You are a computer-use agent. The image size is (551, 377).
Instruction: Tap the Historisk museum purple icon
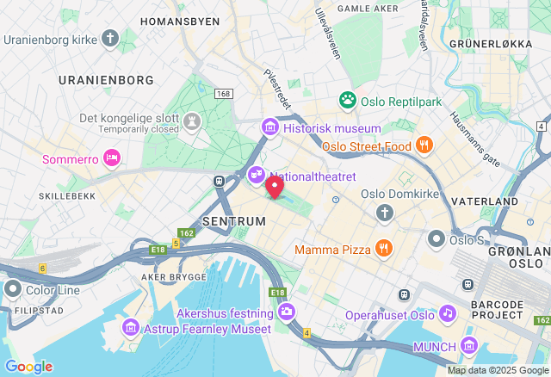pos(270,128)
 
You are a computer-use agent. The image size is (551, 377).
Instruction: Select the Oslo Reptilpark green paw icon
pos(348,102)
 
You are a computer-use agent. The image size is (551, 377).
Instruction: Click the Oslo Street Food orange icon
pos(423,145)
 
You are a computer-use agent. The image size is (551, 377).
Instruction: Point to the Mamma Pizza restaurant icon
pos(384,250)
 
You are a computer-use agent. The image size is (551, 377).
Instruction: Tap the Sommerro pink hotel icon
pos(111,158)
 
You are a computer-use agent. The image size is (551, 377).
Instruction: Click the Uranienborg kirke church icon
pos(109,39)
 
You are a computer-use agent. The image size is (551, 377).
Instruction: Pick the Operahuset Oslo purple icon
pos(447,314)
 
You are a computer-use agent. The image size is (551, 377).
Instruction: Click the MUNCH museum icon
pos(469,346)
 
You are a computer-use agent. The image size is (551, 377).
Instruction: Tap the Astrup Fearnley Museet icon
pos(131,327)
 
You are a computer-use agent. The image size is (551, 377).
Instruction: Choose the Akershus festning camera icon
pos(286,312)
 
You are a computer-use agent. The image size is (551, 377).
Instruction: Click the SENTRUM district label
pos(233,221)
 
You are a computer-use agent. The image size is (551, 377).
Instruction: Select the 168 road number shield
pos(225,93)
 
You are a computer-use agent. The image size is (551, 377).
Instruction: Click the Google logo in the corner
pos(28,367)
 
